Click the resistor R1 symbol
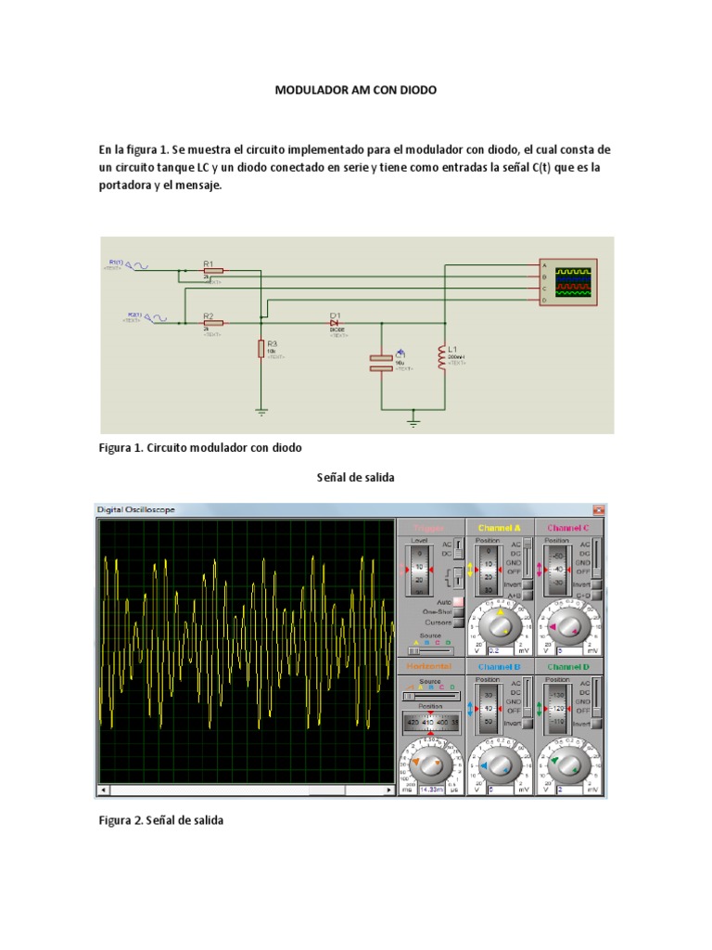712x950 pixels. [213, 271]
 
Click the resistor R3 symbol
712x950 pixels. [261, 349]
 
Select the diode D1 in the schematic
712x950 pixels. [337, 323]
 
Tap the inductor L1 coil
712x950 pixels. [442, 354]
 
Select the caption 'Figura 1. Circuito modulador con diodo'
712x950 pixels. [200, 447]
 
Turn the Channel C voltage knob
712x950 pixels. [569, 629]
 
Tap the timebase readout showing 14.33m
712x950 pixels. [429, 790]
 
